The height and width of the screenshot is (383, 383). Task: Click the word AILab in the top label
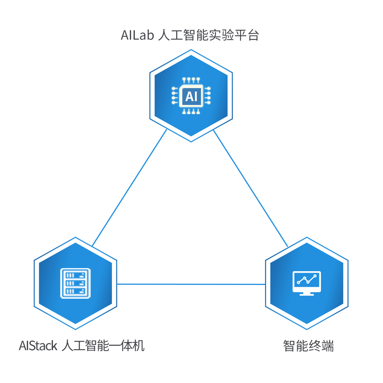pos(137,36)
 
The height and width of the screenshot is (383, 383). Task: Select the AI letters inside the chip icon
pos(191,96)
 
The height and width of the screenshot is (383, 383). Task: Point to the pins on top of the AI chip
pos(191,80)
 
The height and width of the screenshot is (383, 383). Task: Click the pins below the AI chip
pos(191,112)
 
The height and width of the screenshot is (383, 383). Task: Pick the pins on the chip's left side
pos(175,96)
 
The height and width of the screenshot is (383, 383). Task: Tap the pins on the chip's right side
pos(208,96)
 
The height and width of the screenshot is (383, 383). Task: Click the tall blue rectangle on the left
pos(129,188)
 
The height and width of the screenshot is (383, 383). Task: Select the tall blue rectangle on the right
pos(250,188)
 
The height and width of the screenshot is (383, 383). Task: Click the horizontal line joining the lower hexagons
pos(191,284)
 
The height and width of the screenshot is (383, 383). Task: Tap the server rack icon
pos(75,283)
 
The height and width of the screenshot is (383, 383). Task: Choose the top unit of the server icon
pos(75,275)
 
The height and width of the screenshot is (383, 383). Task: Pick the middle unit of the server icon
pos(75,283)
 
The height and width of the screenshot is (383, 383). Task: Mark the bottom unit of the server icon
pos(75,291)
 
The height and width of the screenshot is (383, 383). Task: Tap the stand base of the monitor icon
pos(306,294)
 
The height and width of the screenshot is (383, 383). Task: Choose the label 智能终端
pos(308,346)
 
